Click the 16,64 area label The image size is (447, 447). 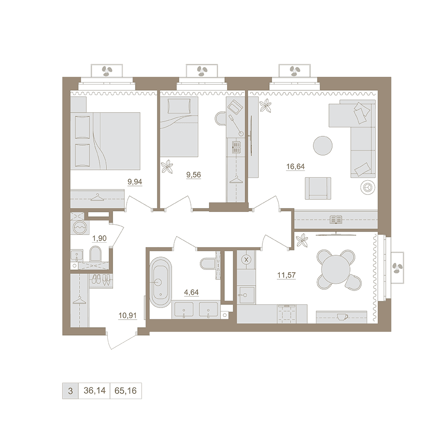coord(295,166)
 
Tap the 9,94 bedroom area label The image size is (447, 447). coord(135,181)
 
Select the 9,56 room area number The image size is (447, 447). coord(194,174)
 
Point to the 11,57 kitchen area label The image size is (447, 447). coord(287,275)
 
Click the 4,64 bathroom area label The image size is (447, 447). coord(191,292)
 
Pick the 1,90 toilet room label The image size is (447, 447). coord(100,238)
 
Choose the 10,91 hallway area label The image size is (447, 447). coord(127,316)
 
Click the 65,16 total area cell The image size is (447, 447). coord(126,391)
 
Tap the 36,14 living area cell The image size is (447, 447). coord(94,391)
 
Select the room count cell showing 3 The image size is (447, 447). coord(71,391)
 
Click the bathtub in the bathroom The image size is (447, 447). coord(161,282)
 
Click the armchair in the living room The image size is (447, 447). coord(318,188)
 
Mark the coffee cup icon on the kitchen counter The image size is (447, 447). coord(342,317)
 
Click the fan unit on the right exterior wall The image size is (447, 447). coord(397,268)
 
